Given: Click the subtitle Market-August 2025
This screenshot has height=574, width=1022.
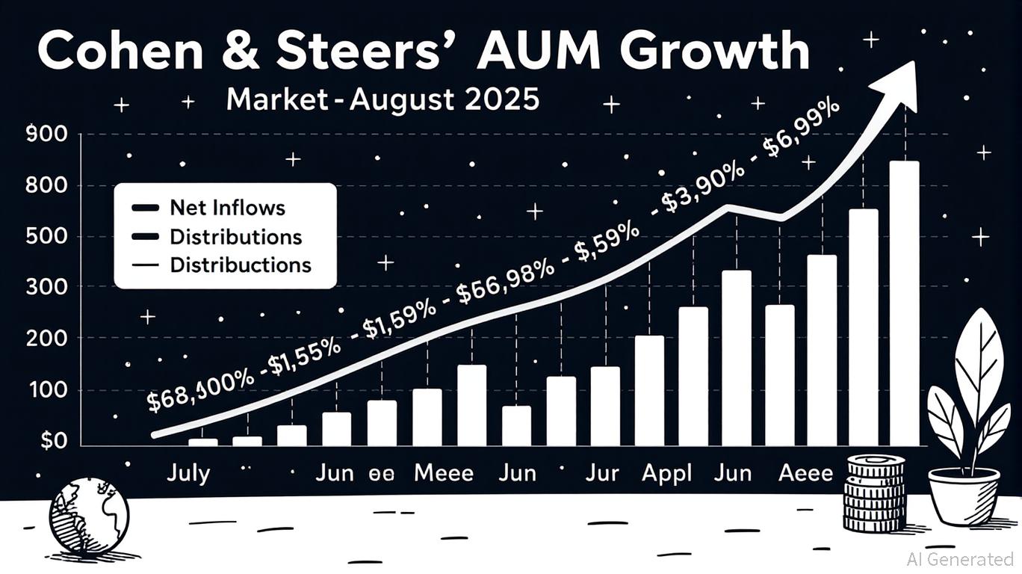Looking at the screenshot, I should point(383,99).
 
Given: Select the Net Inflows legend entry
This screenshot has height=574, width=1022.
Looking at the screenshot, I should point(227,207).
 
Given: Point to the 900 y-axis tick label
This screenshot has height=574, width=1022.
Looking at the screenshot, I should point(46,135).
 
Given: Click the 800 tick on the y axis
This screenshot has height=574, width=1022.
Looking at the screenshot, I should point(46,185).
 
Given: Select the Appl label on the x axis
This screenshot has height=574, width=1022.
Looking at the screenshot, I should point(667,473).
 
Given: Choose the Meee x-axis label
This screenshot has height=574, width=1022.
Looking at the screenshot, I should point(444,473).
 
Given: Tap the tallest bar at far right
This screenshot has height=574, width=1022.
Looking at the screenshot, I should point(905,303).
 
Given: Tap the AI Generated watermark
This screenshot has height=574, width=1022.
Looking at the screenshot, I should point(959,558).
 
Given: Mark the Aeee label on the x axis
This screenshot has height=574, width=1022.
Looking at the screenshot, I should point(805,473).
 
